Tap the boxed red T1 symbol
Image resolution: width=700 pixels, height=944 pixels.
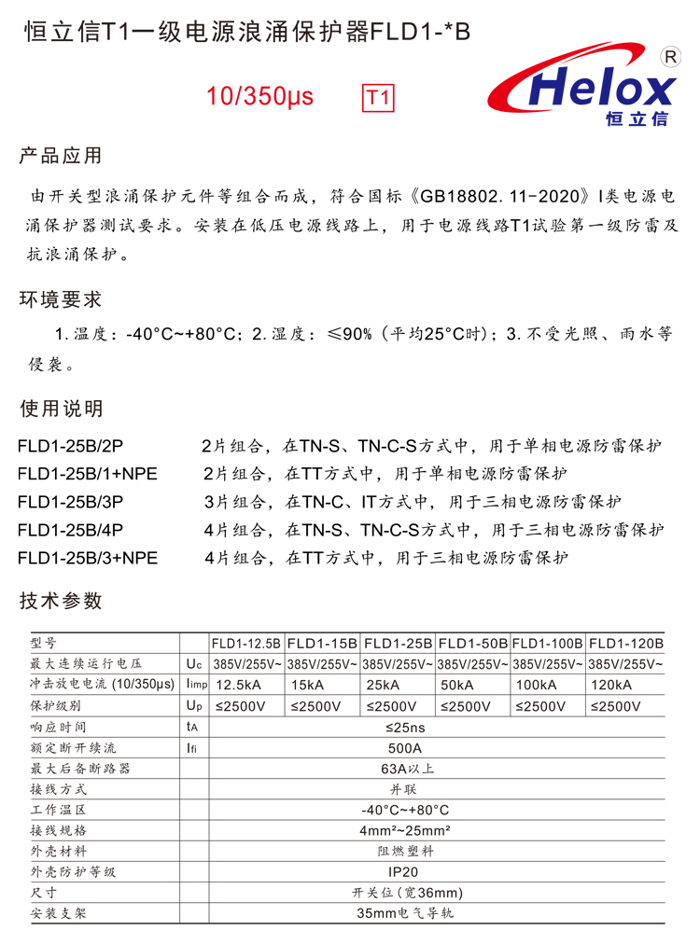click(377, 98)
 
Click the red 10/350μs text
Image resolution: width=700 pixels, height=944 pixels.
click(260, 97)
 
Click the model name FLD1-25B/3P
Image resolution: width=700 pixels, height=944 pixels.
click(70, 502)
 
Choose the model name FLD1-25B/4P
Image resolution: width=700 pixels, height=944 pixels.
click(70, 530)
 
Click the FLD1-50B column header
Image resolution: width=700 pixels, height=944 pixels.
click(472, 644)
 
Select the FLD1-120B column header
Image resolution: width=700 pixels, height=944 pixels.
click(626, 644)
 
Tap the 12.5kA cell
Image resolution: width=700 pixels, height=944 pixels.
click(238, 686)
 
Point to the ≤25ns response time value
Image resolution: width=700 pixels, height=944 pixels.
click(404, 727)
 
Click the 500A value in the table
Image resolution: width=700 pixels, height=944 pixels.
click(404, 748)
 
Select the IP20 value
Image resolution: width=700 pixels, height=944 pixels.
click(404, 872)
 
